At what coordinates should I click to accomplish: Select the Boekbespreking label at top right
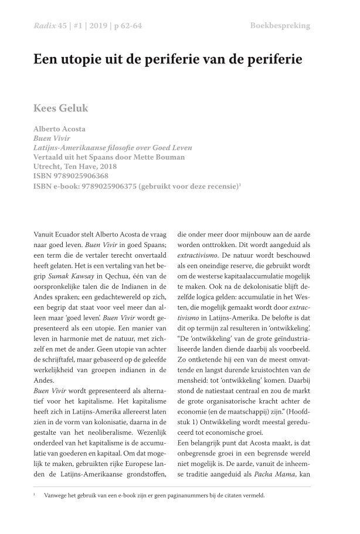pos(280,25)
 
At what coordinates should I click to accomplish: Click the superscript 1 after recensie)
pos(240,184)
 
